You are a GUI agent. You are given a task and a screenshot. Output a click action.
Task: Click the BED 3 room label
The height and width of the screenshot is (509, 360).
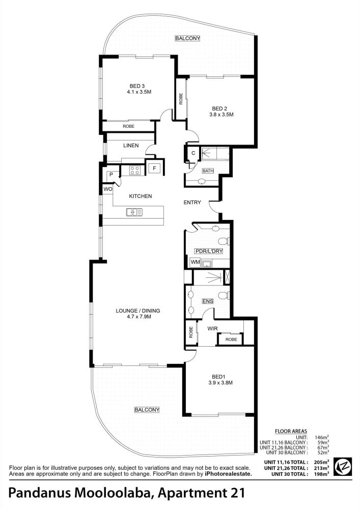137,86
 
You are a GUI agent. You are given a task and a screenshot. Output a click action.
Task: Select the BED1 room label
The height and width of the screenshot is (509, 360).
218,377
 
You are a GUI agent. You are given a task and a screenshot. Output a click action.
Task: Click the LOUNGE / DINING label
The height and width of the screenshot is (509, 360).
138,310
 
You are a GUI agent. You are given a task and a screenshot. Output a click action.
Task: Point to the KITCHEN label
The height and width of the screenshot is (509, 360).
141,196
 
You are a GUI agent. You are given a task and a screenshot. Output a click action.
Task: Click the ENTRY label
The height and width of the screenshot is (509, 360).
192,202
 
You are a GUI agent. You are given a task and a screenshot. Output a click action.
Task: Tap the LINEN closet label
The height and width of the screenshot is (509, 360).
131,146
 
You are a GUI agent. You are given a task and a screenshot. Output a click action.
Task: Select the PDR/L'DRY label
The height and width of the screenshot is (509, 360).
208,251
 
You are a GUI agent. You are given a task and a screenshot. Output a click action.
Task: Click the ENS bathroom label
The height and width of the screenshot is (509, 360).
208,301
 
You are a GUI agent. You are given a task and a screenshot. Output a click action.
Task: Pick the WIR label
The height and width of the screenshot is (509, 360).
213,328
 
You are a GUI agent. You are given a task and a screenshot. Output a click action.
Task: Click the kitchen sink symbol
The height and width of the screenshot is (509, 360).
134,212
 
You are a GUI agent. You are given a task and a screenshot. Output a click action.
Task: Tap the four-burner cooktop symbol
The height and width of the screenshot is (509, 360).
135,171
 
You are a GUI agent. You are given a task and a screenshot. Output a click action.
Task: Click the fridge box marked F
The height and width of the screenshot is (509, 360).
154,168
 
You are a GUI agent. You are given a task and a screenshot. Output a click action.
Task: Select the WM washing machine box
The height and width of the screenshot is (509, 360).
195,262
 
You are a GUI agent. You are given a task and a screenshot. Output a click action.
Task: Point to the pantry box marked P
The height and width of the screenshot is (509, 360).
111,175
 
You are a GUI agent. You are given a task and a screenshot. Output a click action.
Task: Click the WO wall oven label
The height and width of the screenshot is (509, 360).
108,189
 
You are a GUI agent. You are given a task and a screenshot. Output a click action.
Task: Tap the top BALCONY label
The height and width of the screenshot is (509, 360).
187,38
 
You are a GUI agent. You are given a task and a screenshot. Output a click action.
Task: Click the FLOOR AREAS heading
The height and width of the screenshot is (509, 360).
291,431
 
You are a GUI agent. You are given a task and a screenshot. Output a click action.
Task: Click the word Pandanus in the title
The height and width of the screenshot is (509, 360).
40,493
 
